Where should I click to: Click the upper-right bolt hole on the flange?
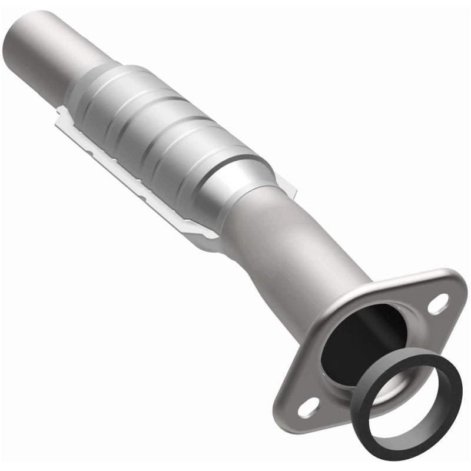pos(436,305)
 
